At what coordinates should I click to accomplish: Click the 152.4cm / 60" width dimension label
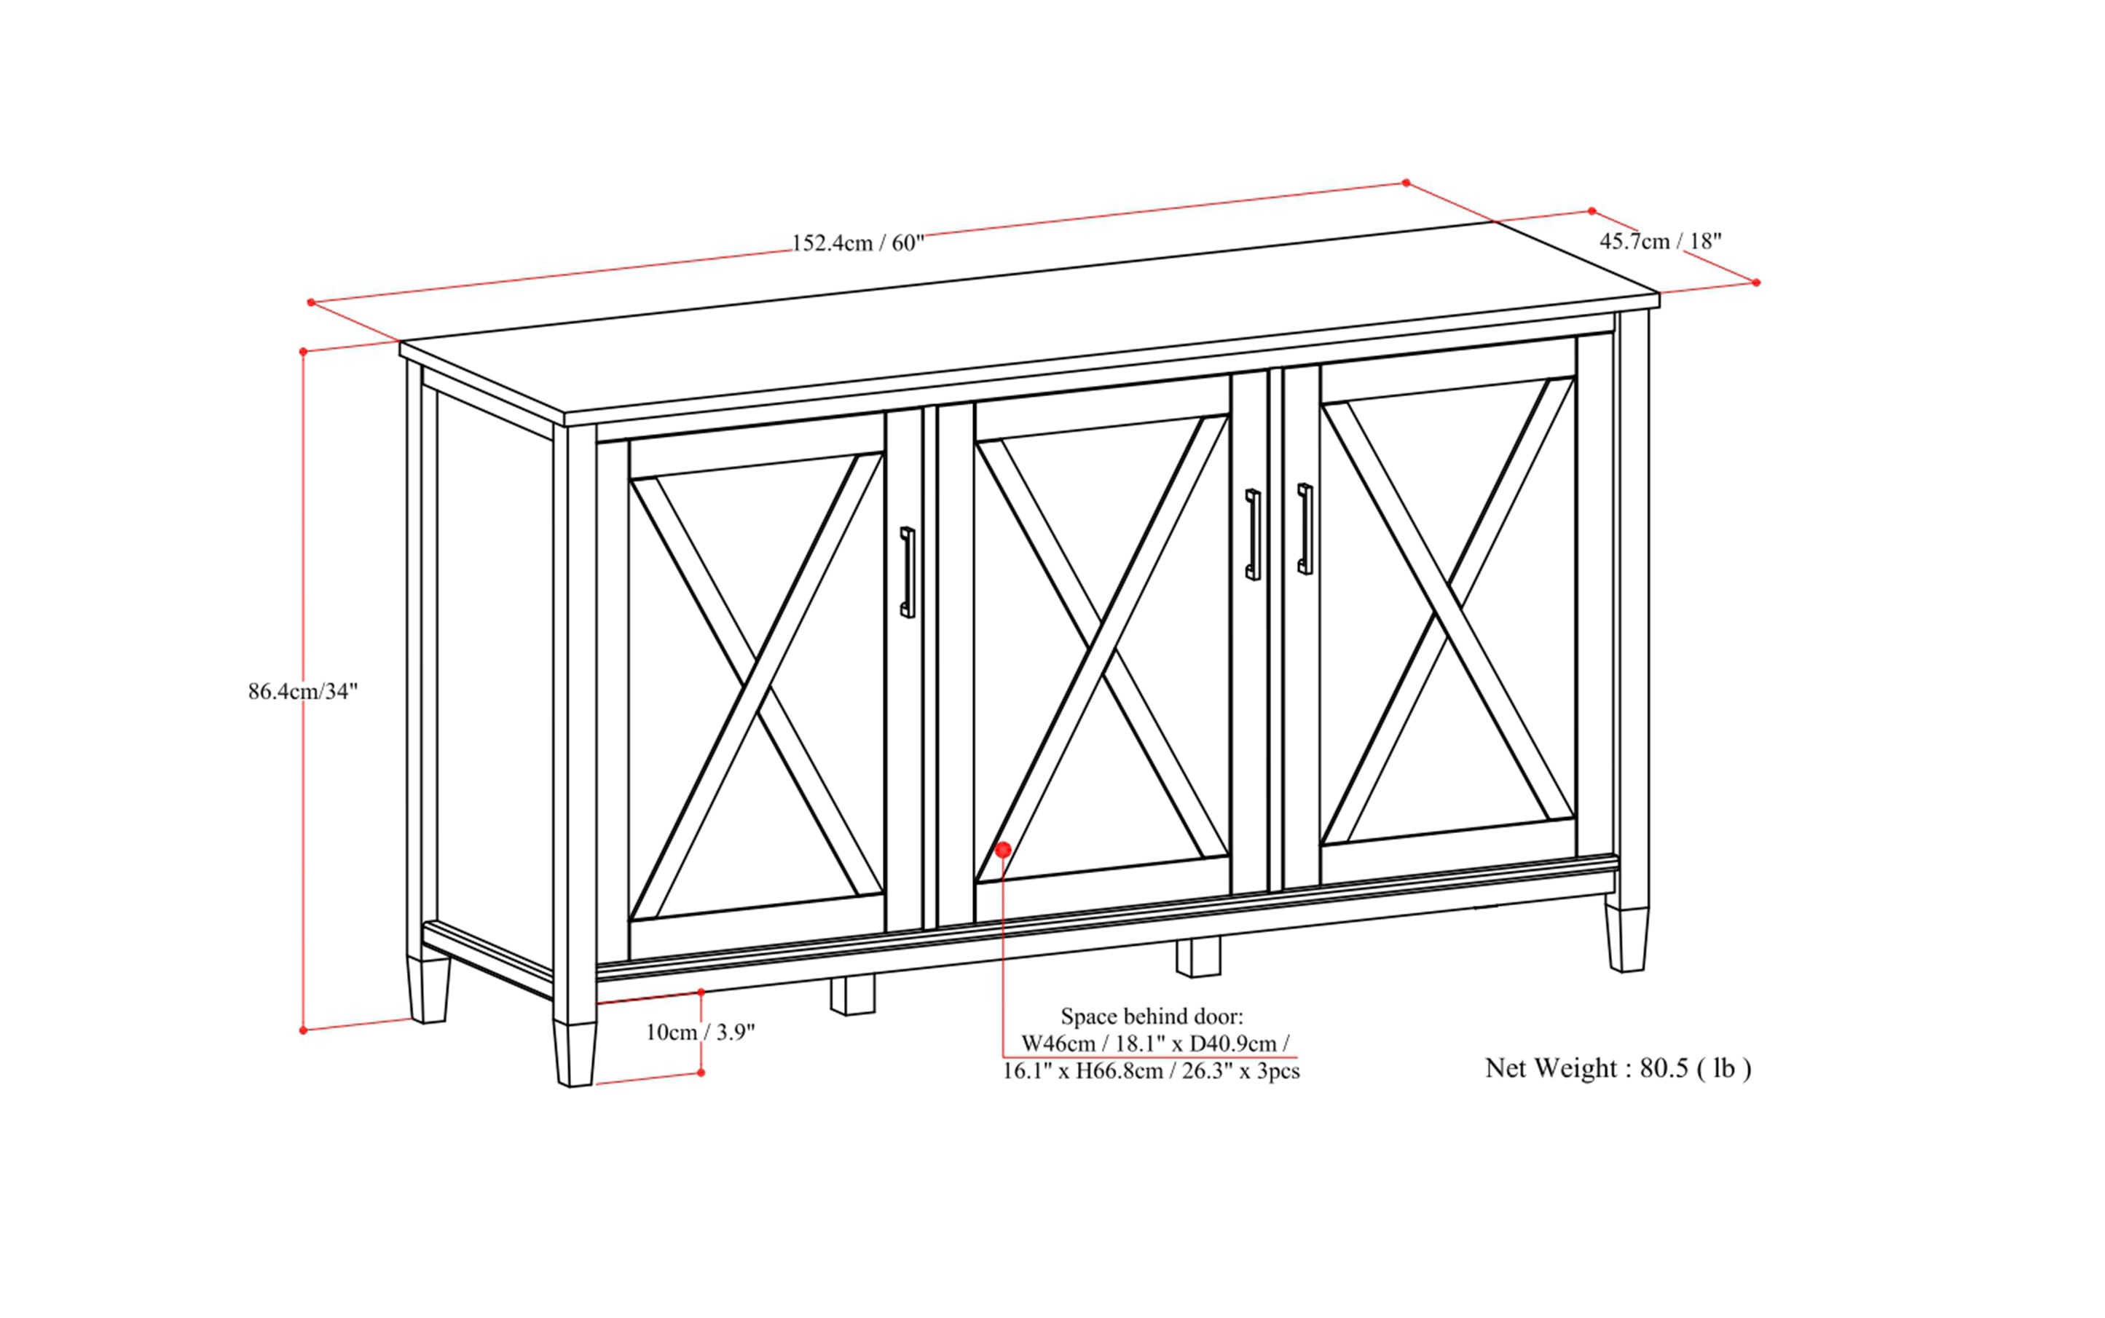(x=857, y=242)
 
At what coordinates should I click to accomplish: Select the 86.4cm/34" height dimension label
(x=302, y=691)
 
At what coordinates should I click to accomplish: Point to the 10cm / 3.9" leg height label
(x=699, y=1032)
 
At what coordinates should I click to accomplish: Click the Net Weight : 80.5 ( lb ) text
(x=1618, y=1068)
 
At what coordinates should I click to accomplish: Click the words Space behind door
(x=1151, y=1016)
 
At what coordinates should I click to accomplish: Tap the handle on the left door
(x=907, y=572)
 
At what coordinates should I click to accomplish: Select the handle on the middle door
(x=1252, y=534)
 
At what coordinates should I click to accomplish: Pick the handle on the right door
(x=1305, y=528)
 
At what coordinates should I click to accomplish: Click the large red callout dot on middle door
(x=1003, y=849)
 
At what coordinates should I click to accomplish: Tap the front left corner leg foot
(x=574, y=1054)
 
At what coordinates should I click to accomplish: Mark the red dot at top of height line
(x=302, y=351)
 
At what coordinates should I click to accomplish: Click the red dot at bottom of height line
(x=302, y=1030)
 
